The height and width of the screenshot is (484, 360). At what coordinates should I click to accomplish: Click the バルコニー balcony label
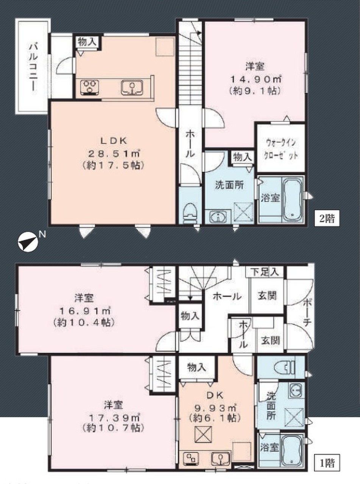point(34,68)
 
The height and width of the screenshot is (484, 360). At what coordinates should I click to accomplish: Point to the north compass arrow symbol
point(28,242)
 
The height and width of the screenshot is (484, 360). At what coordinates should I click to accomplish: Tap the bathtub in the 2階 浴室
point(292,199)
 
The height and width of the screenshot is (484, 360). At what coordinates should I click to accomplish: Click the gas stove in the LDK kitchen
point(89,87)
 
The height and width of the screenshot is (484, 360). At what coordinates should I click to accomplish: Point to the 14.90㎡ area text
point(255,79)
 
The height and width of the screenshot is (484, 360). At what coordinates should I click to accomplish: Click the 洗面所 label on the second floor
point(229,185)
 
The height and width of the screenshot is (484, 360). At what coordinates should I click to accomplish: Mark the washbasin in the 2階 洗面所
point(218,217)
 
